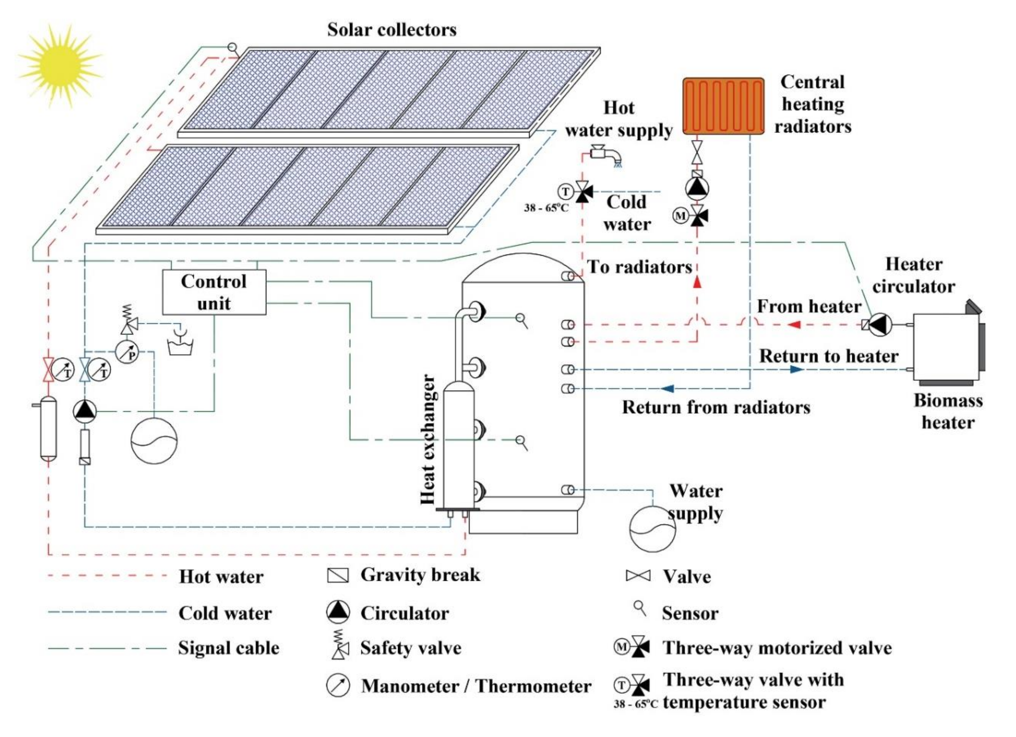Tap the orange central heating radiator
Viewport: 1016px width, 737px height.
723,106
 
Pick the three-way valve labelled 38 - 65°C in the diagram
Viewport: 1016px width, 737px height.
582,192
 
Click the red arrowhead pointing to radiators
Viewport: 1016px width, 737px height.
697,282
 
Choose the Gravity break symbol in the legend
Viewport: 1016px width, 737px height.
338,575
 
